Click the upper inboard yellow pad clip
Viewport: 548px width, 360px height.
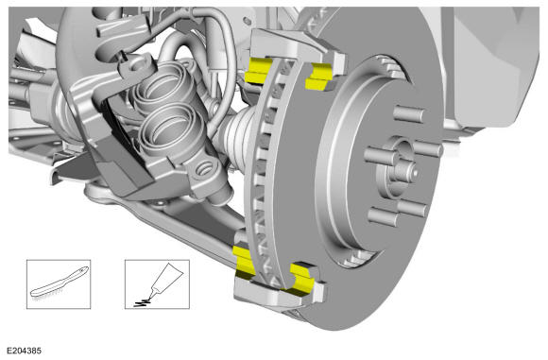(x=258, y=70)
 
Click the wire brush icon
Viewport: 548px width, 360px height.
(x=60, y=283)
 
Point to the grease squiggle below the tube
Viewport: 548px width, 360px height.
(x=143, y=303)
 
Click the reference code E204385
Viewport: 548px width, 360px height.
(x=25, y=351)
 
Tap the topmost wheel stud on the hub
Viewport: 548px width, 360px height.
(x=408, y=114)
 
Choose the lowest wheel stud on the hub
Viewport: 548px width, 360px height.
(x=383, y=216)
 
